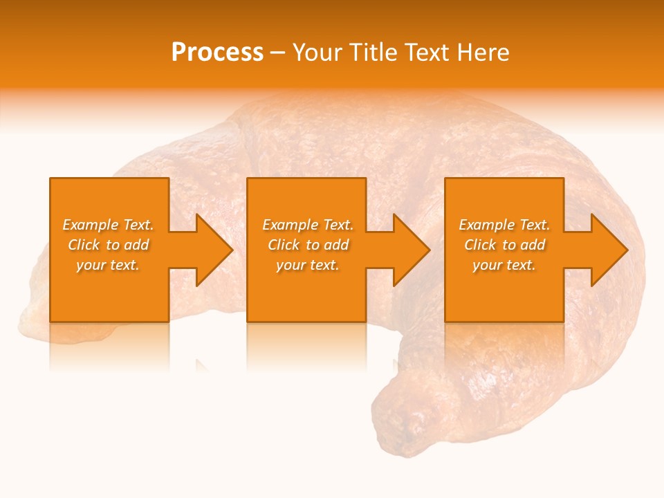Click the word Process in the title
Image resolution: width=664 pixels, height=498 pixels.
(217, 53)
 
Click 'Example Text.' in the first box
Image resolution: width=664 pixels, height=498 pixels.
(108, 225)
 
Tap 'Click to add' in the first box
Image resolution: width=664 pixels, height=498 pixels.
(108, 245)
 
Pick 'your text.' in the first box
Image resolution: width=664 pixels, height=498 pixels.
(108, 265)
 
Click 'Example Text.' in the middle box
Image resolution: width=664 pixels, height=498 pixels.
(308, 225)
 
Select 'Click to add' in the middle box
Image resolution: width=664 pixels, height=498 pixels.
(308, 245)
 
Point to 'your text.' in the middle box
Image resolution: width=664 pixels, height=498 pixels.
(308, 265)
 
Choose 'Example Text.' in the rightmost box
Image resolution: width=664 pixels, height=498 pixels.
(504, 225)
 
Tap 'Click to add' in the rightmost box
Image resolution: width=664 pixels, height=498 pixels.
(504, 245)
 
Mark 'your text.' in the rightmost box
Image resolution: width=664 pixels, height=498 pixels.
(504, 265)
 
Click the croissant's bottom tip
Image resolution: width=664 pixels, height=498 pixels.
(405, 429)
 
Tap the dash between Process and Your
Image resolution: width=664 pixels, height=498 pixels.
(277, 53)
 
